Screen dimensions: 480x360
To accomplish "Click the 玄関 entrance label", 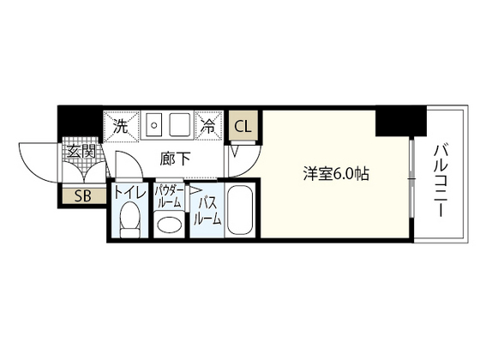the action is [x=81, y=152].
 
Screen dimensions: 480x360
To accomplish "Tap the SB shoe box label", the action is [x=83, y=196].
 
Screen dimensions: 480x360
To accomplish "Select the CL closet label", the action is [x=243, y=126].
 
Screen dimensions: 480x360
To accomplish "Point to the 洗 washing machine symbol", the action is [x=121, y=127].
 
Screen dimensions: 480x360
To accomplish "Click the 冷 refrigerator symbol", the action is [x=209, y=126].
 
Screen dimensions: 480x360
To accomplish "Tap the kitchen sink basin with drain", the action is [x=154, y=124].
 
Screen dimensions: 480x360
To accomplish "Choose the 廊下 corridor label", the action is [x=175, y=159].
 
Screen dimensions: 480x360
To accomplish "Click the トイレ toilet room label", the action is [x=129, y=193].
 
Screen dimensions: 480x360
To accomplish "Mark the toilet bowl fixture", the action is [x=130, y=219].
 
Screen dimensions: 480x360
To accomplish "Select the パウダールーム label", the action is [x=169, y=196].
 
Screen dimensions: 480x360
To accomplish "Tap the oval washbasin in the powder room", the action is [x=170, y=225].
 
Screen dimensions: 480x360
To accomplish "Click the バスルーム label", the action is [x=207, y=211].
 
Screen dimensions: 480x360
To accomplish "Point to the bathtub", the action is [x=241, y=210].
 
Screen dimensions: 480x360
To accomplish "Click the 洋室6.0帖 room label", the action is [x=336, y=174].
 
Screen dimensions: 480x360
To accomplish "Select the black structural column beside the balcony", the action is [x=401, y=121].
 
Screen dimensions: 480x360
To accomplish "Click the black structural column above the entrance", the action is [x=81, y=121].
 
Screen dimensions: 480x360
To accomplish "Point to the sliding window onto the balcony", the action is [x=412, y=178].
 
